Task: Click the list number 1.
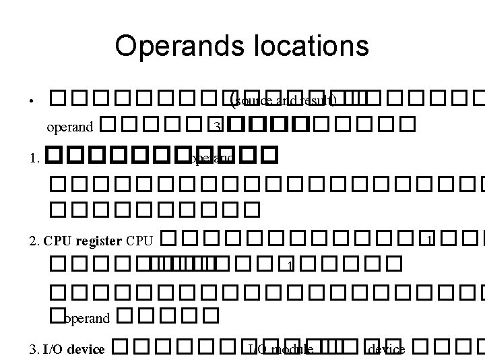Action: tap(34, 159)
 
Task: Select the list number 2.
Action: tap(34, 240)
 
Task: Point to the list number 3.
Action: tap(34, 349)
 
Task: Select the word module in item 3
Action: tap(292, 349)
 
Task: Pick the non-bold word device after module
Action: tap(386, 349)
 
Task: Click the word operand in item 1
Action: tap(210, 159)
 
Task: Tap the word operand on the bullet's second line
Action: tap(70, 126)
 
